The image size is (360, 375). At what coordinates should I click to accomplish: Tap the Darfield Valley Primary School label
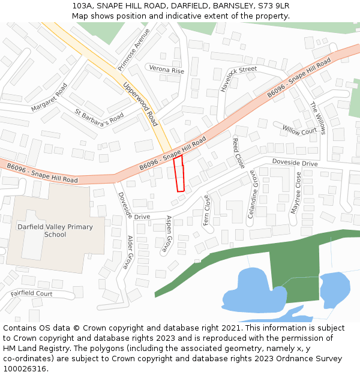pos(55,230)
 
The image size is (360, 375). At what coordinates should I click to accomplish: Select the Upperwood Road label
pos(140,104)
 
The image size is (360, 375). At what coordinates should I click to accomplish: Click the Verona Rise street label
pos(166,70)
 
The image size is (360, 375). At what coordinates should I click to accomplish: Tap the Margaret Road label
pos(49,97)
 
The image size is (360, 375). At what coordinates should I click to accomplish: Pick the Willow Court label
pos(299,130)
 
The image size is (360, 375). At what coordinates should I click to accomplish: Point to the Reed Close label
pos(238,153)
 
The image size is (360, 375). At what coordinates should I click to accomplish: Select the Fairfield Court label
pos(31,294)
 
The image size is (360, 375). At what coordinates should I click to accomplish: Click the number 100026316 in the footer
pos(24,368)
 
